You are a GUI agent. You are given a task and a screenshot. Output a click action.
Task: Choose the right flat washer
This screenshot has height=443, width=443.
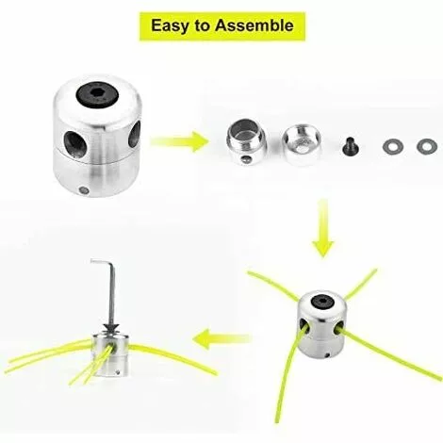(x=427, y=145)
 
